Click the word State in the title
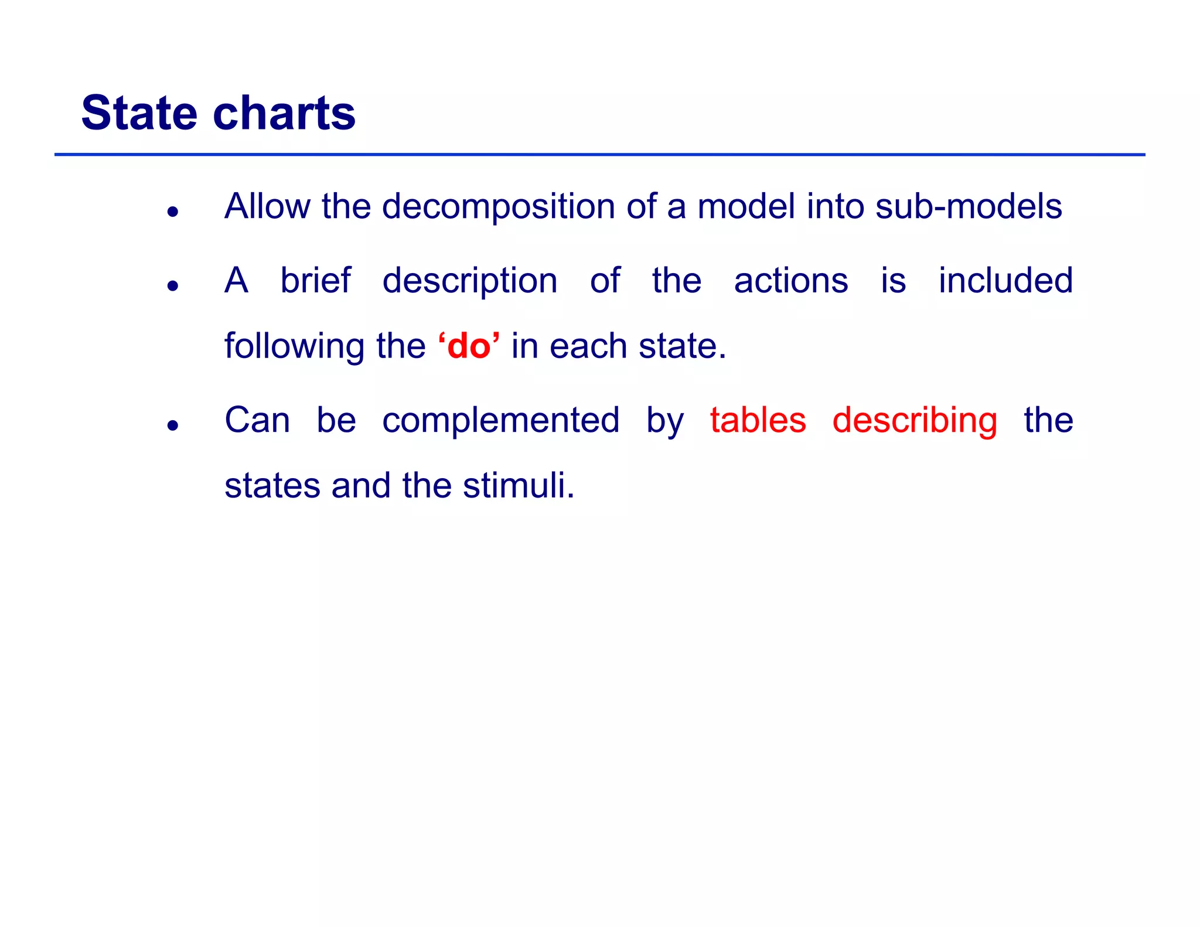coord(139,113)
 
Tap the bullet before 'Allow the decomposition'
coord(172,212)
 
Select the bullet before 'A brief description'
coord(172,286)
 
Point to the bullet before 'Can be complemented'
coord(172,425)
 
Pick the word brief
coord(315,281)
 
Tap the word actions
coord(790,281)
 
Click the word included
coord(1005,281)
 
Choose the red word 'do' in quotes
coord(469,346)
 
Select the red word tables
coord(758,420)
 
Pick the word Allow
coord(267,207)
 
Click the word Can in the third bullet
coord(257,420)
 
